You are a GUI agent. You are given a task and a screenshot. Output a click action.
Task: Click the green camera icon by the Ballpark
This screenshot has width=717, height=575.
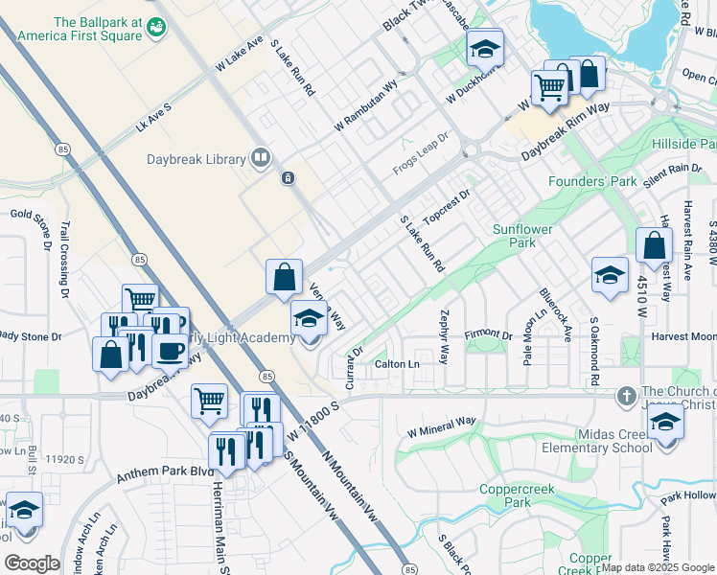point(155,30)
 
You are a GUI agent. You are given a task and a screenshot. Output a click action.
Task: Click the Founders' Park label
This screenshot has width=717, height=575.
point(591,181)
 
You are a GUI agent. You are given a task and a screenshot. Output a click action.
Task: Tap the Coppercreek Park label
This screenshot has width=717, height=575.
point(504,494)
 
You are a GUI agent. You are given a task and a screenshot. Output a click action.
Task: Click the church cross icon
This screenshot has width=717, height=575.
point(626,395)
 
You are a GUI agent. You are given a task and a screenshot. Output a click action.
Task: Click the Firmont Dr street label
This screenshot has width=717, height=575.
point(489,334)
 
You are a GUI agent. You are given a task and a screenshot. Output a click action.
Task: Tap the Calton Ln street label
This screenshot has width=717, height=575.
point(397,364)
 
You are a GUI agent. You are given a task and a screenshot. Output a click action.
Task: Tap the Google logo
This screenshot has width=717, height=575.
point(32,563)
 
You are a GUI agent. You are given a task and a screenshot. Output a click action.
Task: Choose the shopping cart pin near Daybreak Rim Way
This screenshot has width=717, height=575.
point(549,87)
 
